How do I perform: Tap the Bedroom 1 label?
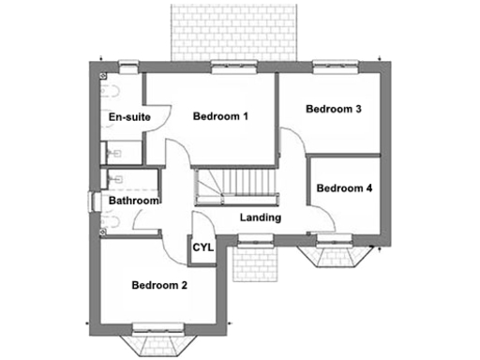[220, 117]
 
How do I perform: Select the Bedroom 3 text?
[334, 110]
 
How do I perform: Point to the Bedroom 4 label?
[344, 188]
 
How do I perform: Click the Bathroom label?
[133, 201]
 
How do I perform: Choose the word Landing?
[261, 217]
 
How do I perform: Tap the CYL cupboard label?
[202, 247]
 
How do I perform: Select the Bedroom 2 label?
[159, 285]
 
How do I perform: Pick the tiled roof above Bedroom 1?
[232, 30]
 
